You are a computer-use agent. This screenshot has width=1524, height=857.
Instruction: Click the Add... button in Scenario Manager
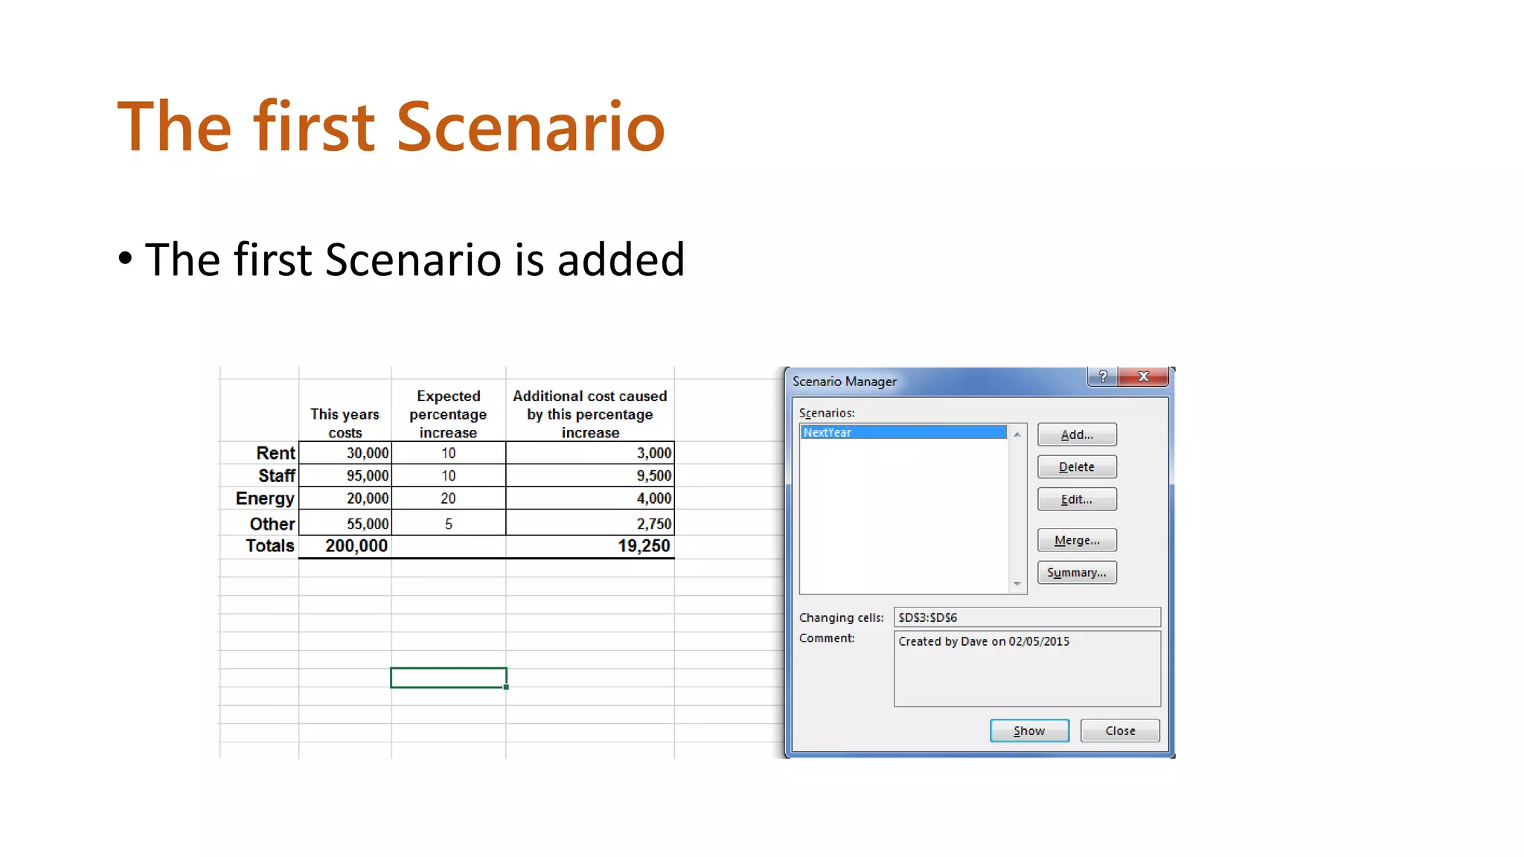[1076, 435]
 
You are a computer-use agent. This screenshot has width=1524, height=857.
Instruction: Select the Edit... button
[1076, 499]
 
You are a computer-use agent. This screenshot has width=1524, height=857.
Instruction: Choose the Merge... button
[1076, 540]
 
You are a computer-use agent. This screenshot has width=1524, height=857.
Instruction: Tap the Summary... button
[1076, 573]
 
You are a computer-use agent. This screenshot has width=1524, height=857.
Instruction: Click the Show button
[1029, 731]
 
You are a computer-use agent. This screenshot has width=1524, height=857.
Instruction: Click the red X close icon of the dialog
[1144, 377]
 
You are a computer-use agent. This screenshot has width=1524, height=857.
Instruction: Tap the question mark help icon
[1103, 377]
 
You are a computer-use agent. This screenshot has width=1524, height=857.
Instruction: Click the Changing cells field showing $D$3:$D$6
[1026, 617]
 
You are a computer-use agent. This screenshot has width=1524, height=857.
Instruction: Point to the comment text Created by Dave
[983, 641]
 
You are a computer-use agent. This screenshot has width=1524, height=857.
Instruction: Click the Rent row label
[275, 453]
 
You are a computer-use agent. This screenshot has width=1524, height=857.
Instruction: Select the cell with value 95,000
[366, 475]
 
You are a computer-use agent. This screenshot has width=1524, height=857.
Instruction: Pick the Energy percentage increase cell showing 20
[448, 498]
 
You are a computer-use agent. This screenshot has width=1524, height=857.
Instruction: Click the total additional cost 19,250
[643, 546]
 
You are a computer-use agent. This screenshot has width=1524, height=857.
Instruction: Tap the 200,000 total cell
[356, 546]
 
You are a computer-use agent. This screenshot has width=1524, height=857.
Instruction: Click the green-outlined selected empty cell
[448, 678]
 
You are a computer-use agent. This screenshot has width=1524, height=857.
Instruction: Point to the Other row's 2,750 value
[653, 524]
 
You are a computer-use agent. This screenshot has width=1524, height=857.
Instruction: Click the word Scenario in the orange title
[531, 127]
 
